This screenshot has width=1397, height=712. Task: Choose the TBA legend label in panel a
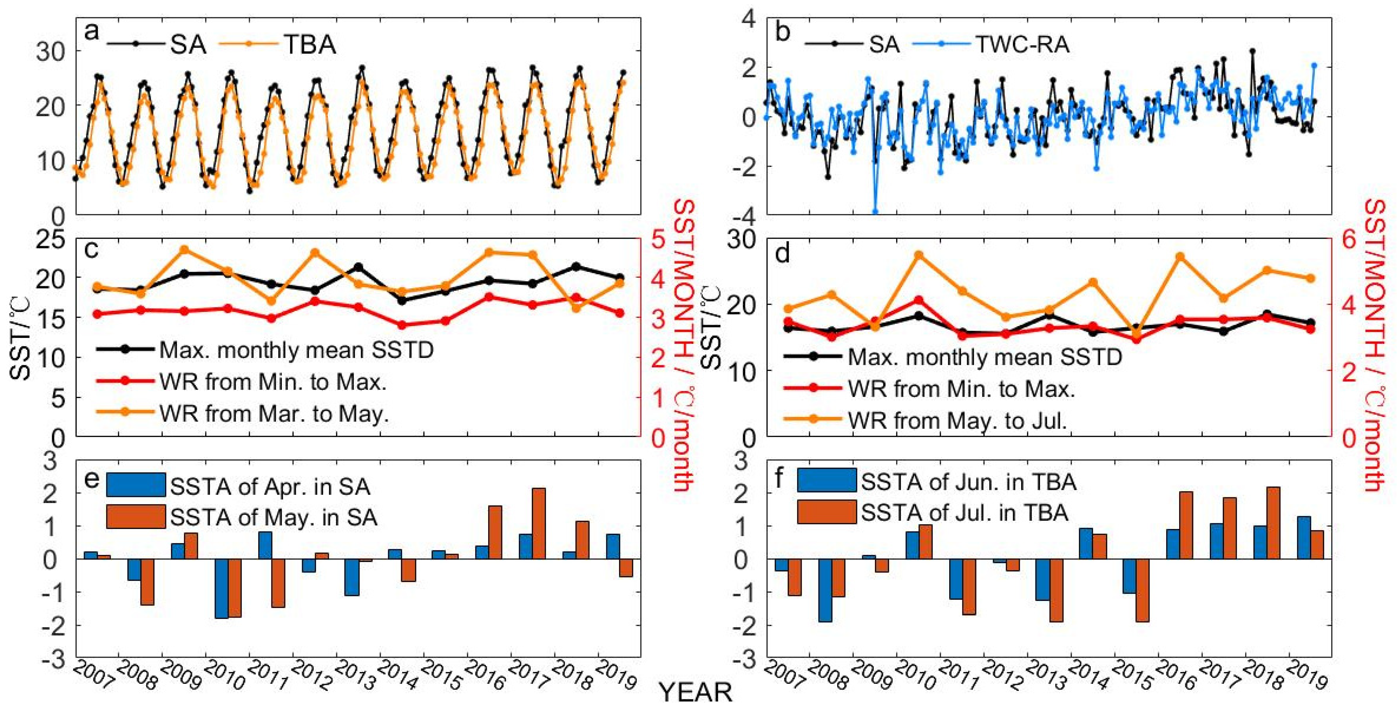(x=310, y=44)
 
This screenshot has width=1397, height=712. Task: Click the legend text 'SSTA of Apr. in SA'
(x=270, y=487)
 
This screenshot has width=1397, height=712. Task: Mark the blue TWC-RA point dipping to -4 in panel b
(x=875, y=212)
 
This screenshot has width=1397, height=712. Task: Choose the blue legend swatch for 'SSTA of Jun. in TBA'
(x=827, y=480)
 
